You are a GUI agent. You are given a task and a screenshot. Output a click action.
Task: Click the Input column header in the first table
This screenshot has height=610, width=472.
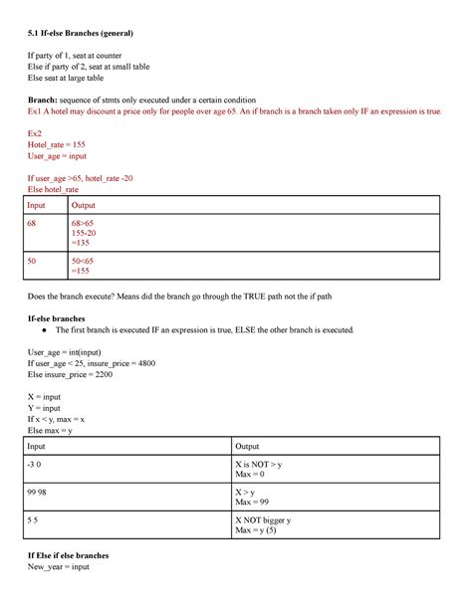(x=44, y=205)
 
